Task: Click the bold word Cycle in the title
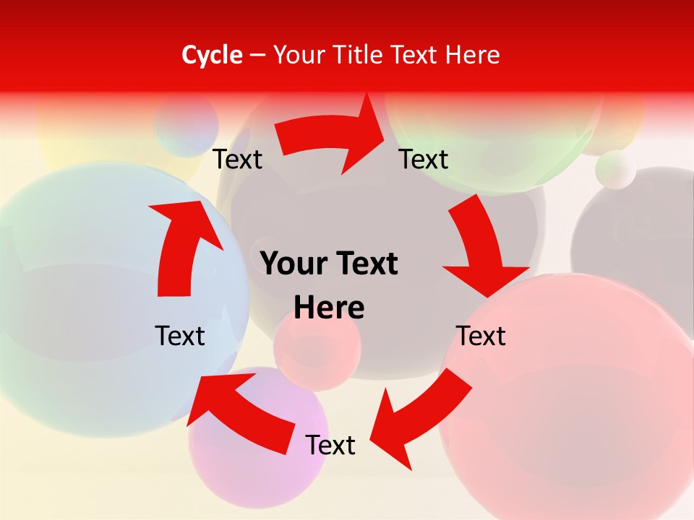click(212, 55)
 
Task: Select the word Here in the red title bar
click(473, 55)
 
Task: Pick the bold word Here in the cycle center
click(329, 308)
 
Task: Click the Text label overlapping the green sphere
click(424, 159)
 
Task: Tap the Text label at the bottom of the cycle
click(330, 446)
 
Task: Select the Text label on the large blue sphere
click(180, 336)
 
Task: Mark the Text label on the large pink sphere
click(481, 336)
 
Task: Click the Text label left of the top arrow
click(237, 160)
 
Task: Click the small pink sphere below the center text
click(317, 350)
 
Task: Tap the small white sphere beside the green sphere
click(615, 170)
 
